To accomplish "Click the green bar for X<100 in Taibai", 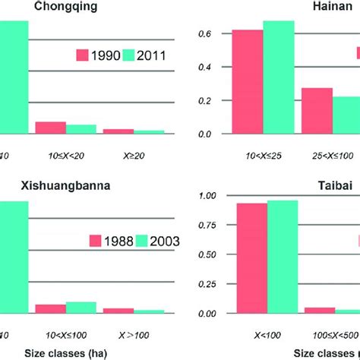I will pos(283,257).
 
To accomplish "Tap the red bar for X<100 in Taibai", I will pos(252,258).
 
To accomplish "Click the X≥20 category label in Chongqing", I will pos(134,153).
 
